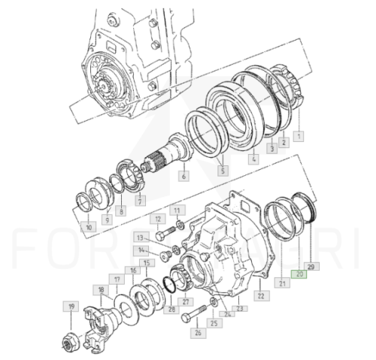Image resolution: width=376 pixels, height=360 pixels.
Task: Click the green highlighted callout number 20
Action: tap(300, 275)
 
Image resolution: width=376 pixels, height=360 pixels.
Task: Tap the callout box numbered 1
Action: tap(299, 137)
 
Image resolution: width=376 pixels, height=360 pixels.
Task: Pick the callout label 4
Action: tap(253, 159)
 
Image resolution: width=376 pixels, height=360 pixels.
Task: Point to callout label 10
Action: tap(89, 226)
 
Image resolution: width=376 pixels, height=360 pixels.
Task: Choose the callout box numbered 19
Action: tap(71, 307)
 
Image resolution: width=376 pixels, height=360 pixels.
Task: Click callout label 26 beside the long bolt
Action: tap(198, 333)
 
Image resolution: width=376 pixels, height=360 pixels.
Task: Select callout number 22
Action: tap(260, 295)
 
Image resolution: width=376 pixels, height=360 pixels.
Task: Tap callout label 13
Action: tap(141, 237)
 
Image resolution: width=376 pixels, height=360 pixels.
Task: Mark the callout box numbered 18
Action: tap(102, 289)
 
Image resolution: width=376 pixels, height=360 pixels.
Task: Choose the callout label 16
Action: tap(133, 271)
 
